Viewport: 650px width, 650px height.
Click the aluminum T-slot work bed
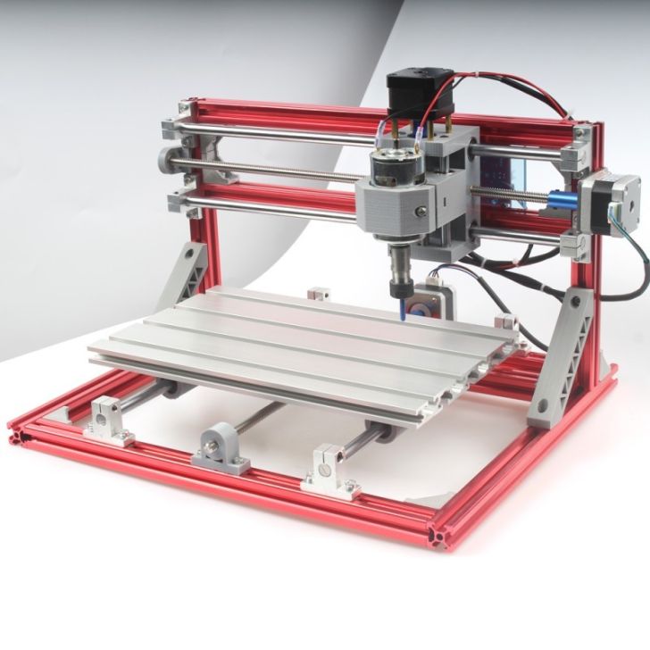304,348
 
